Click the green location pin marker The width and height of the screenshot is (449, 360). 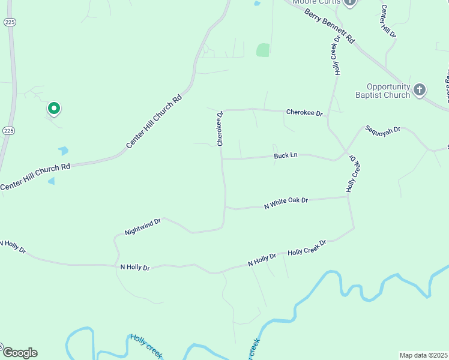(53, 109)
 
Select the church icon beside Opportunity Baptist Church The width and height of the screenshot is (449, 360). (419, 90)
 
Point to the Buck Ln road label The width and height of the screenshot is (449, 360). (286, 155)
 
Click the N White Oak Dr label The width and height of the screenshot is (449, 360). (286, 203)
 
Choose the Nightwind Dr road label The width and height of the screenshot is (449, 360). (143, 226)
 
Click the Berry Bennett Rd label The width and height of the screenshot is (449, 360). (330, 26)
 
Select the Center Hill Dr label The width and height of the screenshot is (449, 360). (388, 22)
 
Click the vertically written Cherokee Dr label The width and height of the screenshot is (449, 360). (220, 128)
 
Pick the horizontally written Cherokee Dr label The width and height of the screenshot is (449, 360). (304, 112)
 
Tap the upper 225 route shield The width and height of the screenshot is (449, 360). (9, 22)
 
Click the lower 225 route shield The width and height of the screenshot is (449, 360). (8, 130)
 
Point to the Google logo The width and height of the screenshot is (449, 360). (20, 353)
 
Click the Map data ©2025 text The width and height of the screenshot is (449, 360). (424, 355)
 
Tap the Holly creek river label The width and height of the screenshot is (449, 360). (146, 346)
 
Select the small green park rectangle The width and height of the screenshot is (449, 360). (263, 50)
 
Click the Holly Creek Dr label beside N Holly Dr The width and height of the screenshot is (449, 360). (307, 248)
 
